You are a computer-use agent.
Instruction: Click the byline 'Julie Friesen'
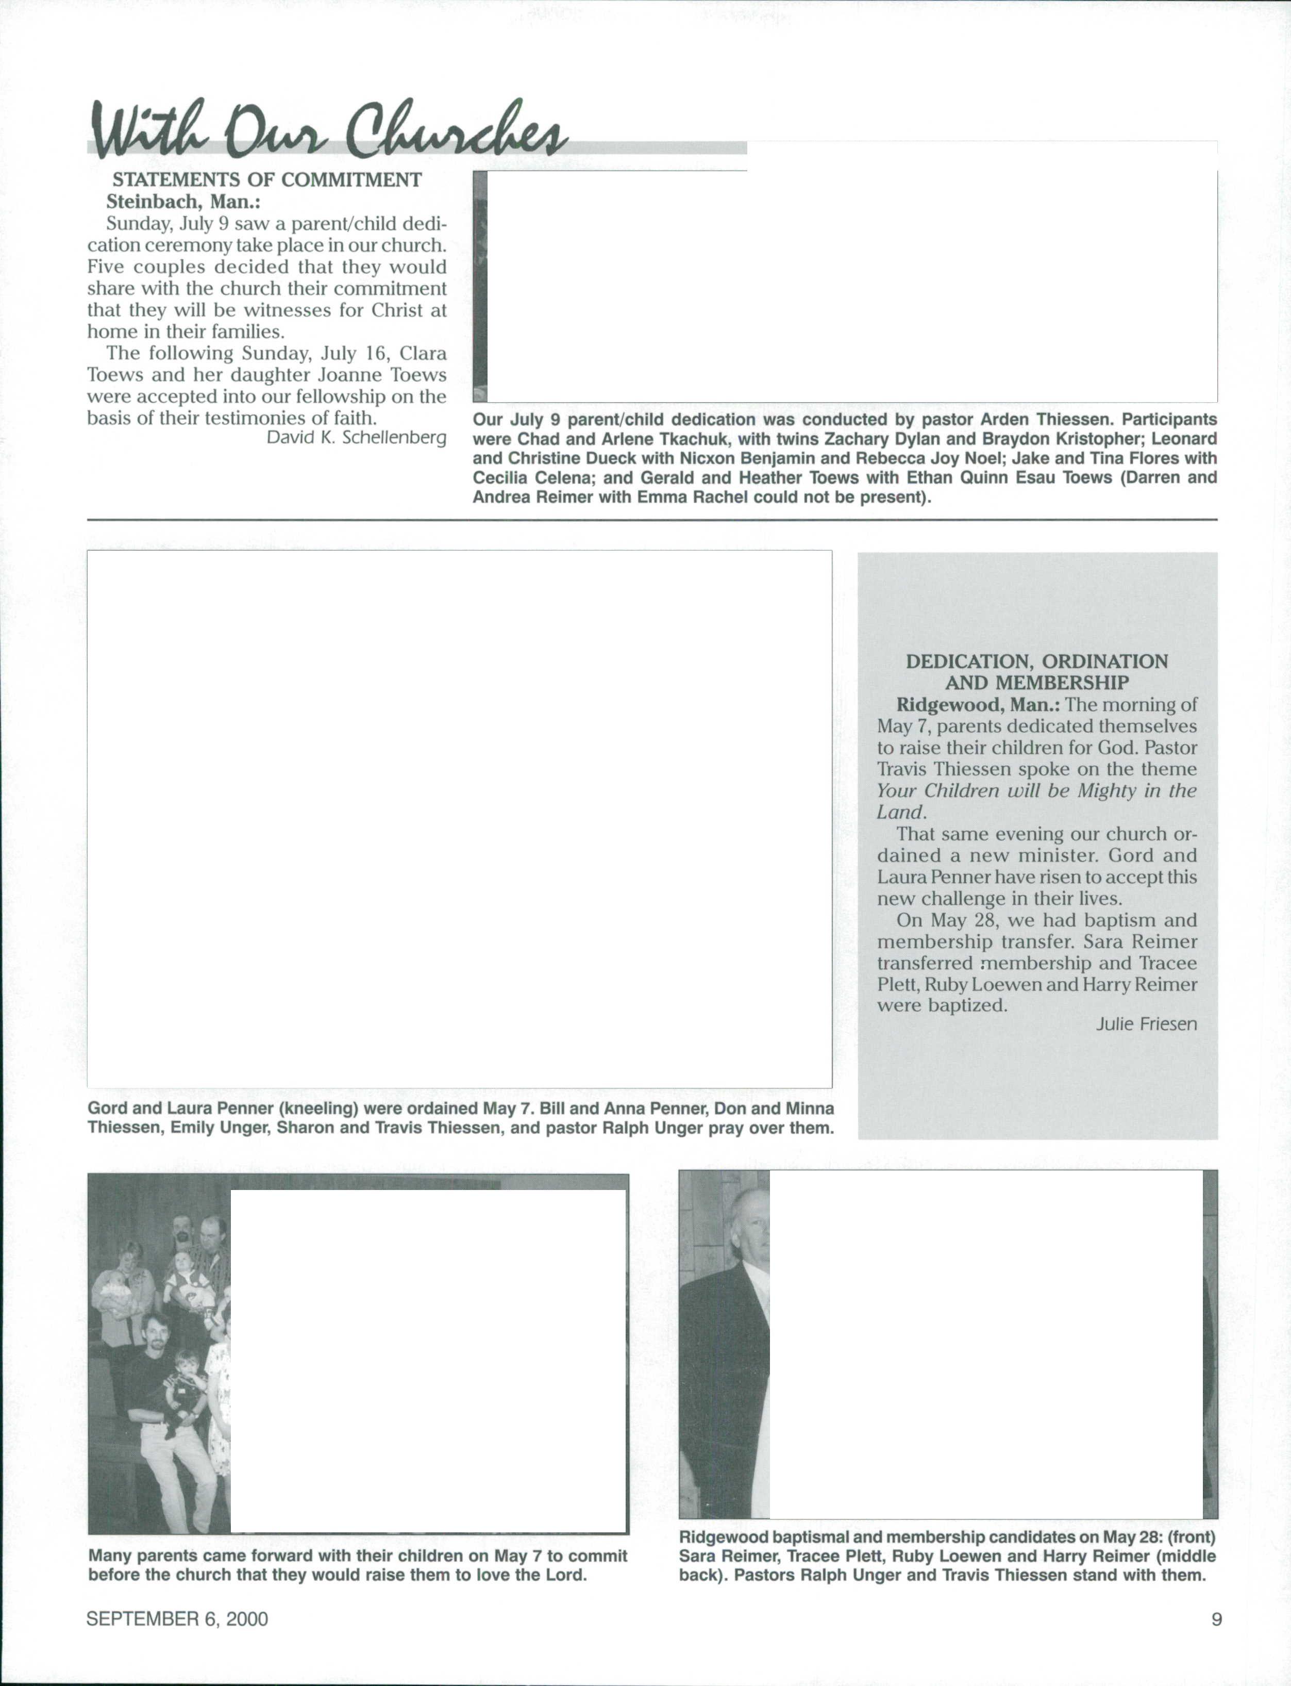1146,1024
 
